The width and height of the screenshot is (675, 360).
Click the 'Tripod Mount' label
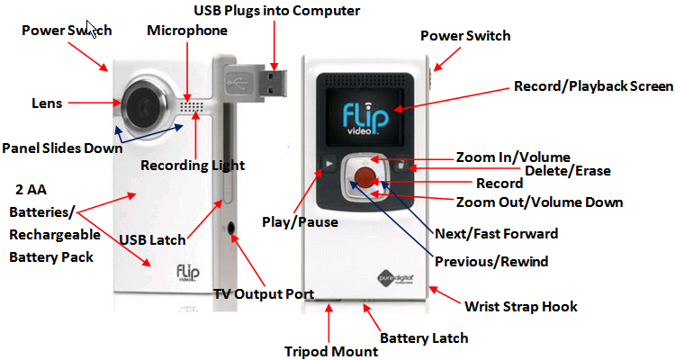coord(331,351)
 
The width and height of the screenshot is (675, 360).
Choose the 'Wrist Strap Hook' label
coord(521,307)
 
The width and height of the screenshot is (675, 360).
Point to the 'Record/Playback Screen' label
coord(593,86)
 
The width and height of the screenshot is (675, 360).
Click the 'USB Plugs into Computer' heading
coord(277,11)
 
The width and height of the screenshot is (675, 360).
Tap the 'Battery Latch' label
coord(424,338)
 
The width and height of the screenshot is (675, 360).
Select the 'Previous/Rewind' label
coord(491,262)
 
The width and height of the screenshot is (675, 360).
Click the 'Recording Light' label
coord(193,166)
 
